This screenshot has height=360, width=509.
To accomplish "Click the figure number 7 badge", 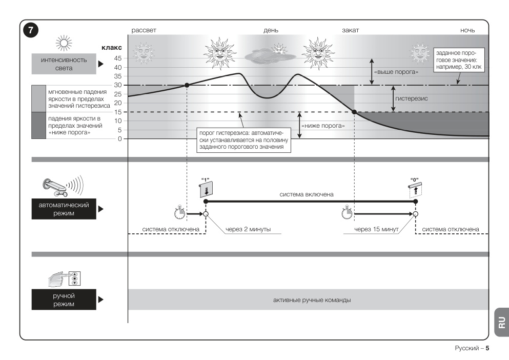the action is pos(31,30).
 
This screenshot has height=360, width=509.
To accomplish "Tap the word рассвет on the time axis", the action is pos(144,30).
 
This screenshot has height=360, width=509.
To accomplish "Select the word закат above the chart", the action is pos(350,30).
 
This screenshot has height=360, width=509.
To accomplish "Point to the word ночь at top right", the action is pos(467,30).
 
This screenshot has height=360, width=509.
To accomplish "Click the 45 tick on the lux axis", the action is pos(118,58).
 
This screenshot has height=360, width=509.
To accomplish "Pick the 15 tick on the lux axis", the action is pos(118,112).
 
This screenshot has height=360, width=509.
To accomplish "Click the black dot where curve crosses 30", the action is pos(187,85).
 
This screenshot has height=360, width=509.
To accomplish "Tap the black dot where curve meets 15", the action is pos(354,112).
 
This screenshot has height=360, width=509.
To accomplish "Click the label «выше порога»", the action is pos(396,72).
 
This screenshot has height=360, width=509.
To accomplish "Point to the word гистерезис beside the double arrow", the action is pos(411,98).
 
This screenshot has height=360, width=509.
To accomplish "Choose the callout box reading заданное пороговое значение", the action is pos(459,60).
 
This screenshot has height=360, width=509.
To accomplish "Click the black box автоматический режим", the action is pos(64,209).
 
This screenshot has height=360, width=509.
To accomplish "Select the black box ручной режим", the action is pos(64,299).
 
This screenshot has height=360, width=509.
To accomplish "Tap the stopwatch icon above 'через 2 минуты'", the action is pos(179,212).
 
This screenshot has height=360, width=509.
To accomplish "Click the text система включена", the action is pos(307,194).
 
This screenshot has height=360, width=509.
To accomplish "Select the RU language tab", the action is pos(501,323).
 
